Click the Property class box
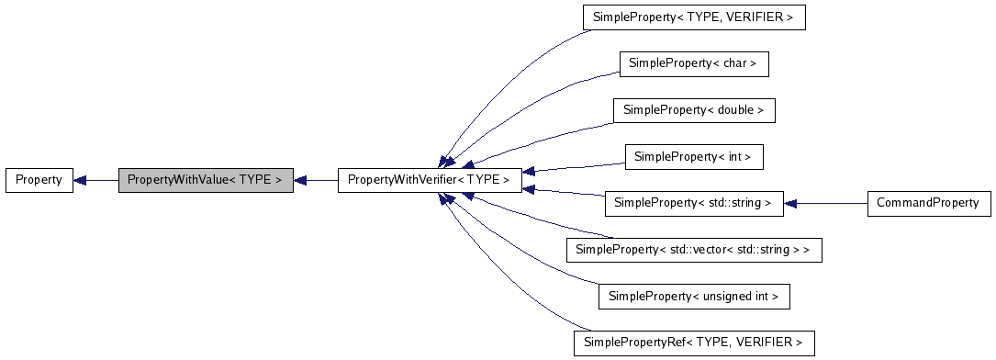(39, 180)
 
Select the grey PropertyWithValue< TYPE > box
(206, 180)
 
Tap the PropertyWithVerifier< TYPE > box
(431, 180)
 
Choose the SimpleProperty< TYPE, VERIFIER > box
(694, 17)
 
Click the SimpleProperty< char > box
(694, 64)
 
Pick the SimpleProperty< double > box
(694, 110)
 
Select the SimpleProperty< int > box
(694, 157)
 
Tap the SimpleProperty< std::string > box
(694, 203)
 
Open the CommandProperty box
(929, 203)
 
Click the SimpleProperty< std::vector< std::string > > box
(694, 250)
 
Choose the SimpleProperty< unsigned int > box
(694, 297)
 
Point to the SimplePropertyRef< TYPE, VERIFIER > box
(694, 343)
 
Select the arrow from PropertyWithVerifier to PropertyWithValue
(317, 180)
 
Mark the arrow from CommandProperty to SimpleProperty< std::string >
(826, 203)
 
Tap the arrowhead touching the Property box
(80, 180)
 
